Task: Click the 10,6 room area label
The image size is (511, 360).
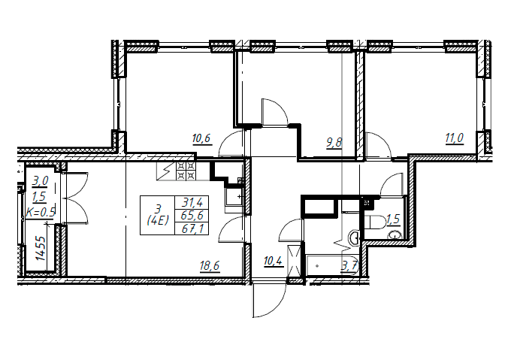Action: click(x=201, y=139)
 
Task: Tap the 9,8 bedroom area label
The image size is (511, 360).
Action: click(x=334, y=143)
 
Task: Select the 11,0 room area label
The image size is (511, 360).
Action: click(x=455, y=138)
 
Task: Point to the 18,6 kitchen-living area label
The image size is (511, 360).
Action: click(x=210, y=266)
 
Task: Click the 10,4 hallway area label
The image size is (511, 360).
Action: click(x=274, y=262)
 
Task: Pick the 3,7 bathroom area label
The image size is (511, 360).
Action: click(x=349, y=267)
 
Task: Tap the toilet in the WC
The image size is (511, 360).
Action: click(x=375, y=222)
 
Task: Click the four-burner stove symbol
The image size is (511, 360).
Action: click(x=186, y=171)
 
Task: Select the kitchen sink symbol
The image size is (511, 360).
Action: click(x=234, y=196)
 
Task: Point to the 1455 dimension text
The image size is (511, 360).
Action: click(x=41, y=247)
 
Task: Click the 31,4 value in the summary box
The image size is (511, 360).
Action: click(x=192, y=203)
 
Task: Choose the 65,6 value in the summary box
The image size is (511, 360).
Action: click(x=192, y=216)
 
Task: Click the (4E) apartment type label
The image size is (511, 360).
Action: click(x=158, y=221)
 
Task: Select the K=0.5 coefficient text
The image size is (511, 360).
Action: click(x=41, y=213)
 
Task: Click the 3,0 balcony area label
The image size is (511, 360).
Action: click(x=41, y=181)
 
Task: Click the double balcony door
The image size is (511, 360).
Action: click(x=77, y=198)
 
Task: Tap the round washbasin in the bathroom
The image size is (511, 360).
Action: click(x=353, y=236)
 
